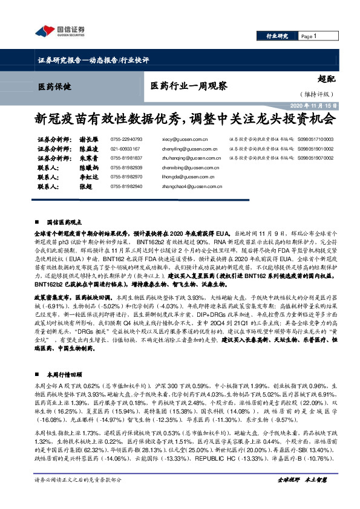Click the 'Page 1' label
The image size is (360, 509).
pyautogui.click(x=309, y=37)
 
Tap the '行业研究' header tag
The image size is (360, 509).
pyautogui.click(x=278, y=37)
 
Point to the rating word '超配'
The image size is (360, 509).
pyautogui.click(x=327, y=78)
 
